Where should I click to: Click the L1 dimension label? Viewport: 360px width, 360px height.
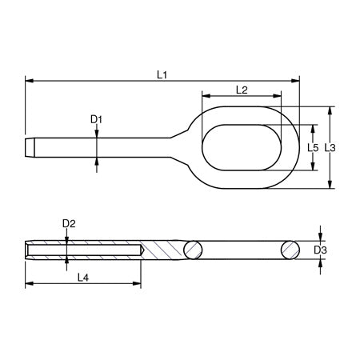pos(162,74)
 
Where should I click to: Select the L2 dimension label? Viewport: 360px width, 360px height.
pos(242,90)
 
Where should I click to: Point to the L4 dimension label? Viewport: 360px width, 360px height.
pos(82,277)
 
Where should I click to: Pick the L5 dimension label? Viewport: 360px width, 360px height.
pos(314,148)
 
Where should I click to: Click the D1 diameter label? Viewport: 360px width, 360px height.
pos(96,120)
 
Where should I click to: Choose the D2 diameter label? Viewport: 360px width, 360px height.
pos(68,223)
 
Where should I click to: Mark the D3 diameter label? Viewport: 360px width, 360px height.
pos(320,250)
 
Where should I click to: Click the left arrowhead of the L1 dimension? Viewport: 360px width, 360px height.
pos(30,81)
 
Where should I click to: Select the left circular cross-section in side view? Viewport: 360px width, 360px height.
pos(193,250)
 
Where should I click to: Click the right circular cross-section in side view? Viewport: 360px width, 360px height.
pos(290,250)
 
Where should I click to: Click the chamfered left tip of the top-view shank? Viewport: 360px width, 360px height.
pos(30,148)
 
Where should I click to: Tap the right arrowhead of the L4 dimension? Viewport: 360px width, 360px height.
pos(138,284)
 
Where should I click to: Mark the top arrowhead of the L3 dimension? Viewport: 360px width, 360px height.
pos(330,110)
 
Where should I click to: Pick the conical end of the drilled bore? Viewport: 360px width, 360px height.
pos(140,250)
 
